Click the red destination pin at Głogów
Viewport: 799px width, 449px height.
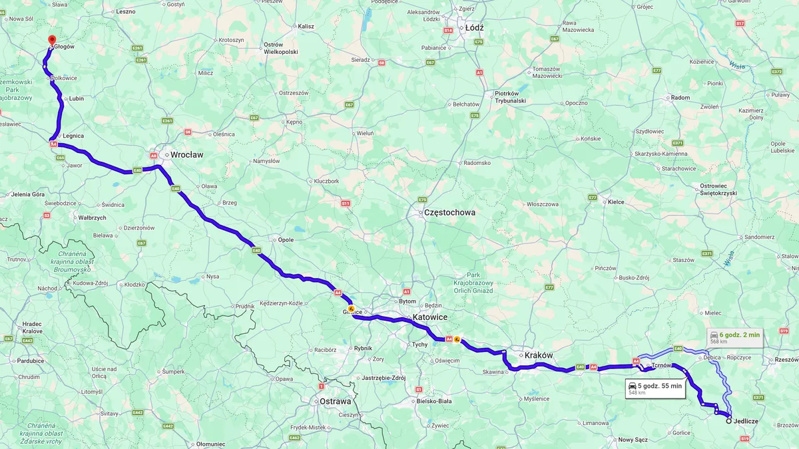coord(52,41)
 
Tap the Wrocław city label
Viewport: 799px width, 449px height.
coord(186,154)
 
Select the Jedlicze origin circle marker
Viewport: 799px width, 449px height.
coord(728,420)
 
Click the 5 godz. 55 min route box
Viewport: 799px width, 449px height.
coord(655,388)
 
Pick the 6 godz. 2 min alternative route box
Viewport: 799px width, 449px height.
coord(735,337)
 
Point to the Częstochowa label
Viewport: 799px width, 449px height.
coord(449,213)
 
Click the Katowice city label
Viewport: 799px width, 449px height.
coord(429,317)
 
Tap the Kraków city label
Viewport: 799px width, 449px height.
coord(539,355)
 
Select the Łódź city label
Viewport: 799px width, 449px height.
coord(474,28)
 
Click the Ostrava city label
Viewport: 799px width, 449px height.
coord(335,401)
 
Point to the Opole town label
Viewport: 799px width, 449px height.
coord(286,239)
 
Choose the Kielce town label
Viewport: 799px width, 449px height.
coord(616,202)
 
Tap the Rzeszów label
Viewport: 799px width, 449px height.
coord(787,360)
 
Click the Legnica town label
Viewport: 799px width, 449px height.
coord(73,136)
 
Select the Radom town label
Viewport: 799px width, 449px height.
coord(680,98)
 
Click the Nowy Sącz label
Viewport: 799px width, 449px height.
coord(633,440)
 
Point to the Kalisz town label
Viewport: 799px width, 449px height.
coord(306,27)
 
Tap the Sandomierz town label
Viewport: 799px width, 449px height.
coord(760,237)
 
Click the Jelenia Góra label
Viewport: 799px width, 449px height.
coord(28,194)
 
